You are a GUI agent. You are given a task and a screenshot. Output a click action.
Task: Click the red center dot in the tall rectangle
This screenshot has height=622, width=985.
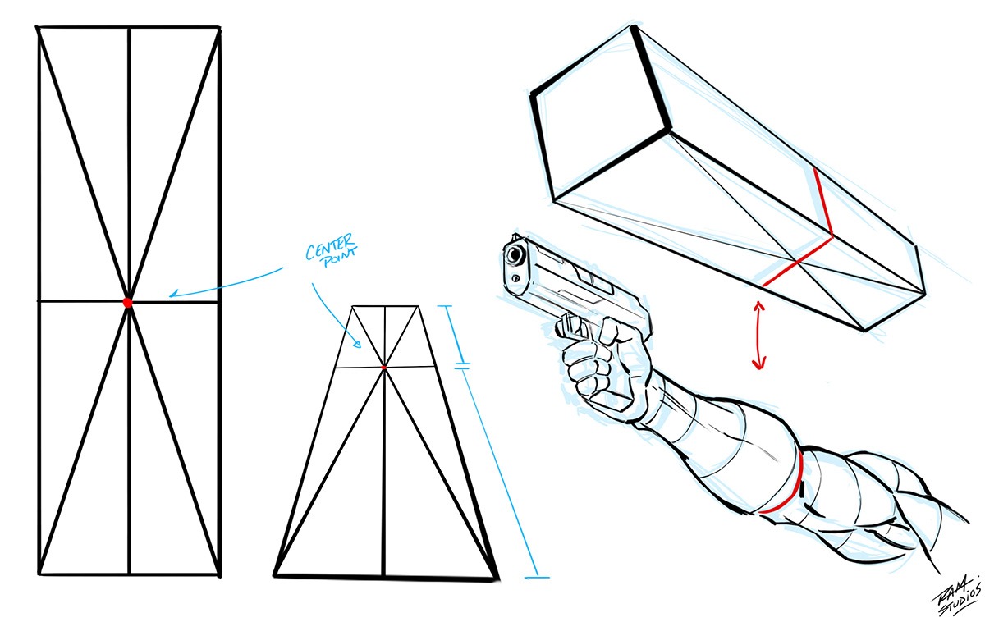[x=127, y=302]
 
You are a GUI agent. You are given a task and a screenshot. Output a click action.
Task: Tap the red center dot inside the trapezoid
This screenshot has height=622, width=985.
[x=384, y=368]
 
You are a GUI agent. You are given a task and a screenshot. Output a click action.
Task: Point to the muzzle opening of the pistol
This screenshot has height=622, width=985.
[x=515, y=255]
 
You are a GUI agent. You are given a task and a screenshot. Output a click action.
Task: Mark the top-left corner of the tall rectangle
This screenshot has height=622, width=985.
[x=38, y=28]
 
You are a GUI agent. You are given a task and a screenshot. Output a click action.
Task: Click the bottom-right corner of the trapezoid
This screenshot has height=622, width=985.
[x=497, y=579]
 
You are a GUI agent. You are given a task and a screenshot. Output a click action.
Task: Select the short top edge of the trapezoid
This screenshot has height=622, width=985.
[x=384, y=307]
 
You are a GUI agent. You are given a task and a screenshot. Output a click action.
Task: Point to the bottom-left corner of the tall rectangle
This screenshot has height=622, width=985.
[x=39, y=574]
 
